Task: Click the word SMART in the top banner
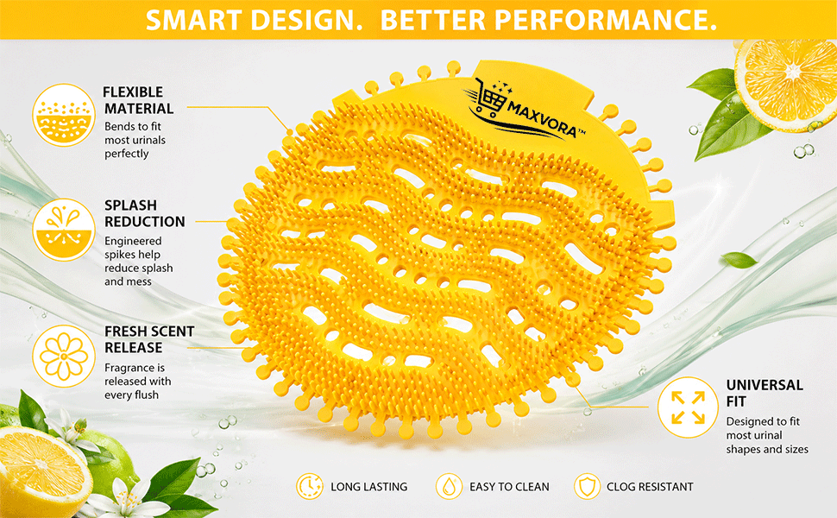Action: (194, 20)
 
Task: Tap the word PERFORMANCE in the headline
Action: (606, 20)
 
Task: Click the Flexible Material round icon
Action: (64, 115)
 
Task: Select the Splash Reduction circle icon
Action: (64, 230)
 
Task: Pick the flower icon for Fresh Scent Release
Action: (64, 357)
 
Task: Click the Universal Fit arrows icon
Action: (688, 407)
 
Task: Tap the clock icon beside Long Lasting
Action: (310, 487)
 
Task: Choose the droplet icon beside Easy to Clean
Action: (449, 487)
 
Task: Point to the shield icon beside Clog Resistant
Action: (587, 487)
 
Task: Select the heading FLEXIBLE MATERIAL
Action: (138, 100)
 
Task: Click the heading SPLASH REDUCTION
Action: (145, 213)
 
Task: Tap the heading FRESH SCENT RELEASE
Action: (149, 339)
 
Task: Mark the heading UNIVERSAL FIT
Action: (765, 393)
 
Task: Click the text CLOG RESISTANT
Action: (650, 487)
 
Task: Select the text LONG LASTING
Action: (368, 487)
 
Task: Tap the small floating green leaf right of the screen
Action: (739, 260)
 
